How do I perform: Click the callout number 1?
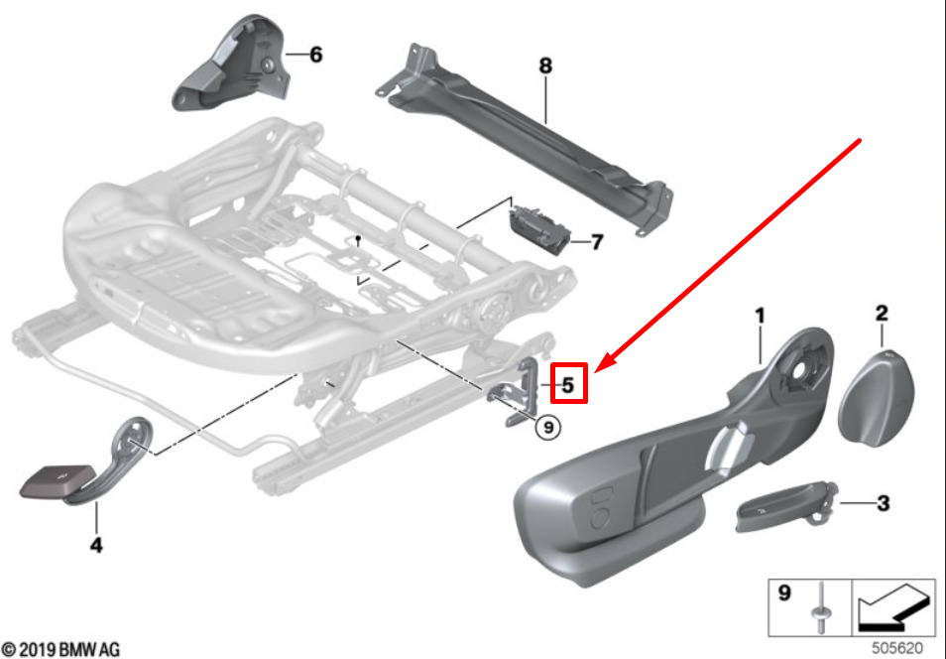point(760,317)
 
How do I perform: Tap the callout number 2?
point(881,314)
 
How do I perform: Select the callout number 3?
point(883,504)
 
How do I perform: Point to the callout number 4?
point(96,545)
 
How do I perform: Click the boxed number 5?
point(568,384)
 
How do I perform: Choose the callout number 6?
point(315,55)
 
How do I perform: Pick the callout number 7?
point(596,241)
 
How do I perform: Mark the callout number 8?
point(545,66)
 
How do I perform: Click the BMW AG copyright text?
point(61,649)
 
